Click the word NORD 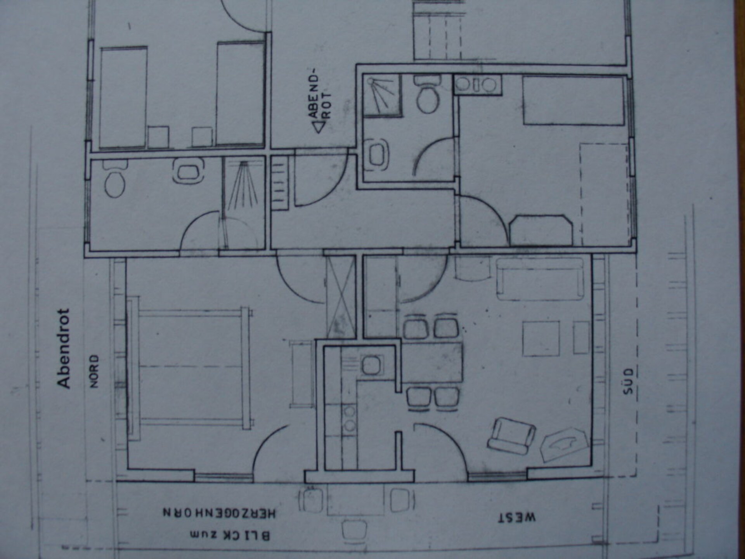click(94, 371)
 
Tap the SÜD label click(628, 381)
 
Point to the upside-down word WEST click(517, 518)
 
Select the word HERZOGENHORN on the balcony click(219, 513)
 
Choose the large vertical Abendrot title click(63, 348)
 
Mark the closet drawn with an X click(341, 297)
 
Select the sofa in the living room click(540, 279)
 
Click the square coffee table click(541, 338)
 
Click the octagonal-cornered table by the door click(541, 231)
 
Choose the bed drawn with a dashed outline click(604, 194)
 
